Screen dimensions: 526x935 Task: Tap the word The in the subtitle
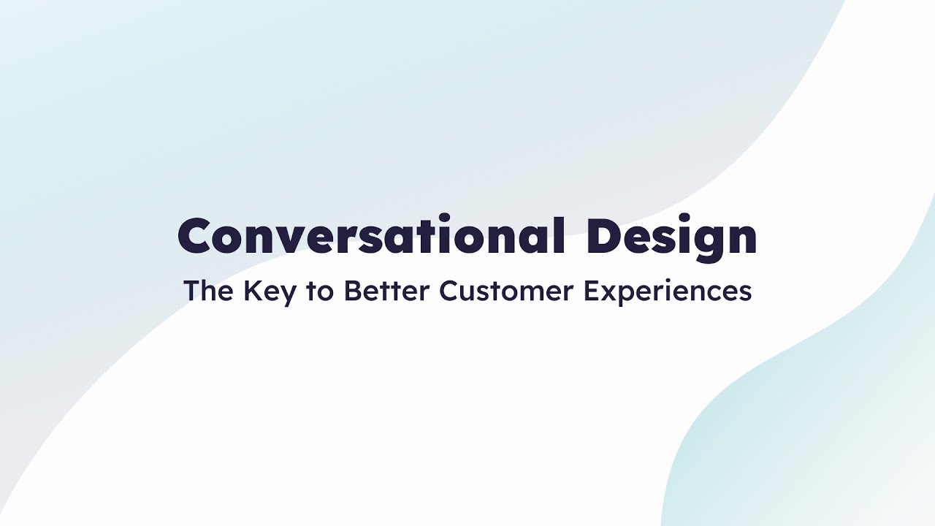pos(208,291)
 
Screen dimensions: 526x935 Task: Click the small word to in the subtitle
pos(320,291)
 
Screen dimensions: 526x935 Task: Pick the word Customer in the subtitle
pos(507,291)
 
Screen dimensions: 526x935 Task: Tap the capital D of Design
pos(606,236)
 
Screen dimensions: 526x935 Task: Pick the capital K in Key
pos(252,291)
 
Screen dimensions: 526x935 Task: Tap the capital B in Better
pos(351,291)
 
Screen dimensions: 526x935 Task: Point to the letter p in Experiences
pos(625,294)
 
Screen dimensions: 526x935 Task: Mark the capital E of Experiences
pos(590,291)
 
